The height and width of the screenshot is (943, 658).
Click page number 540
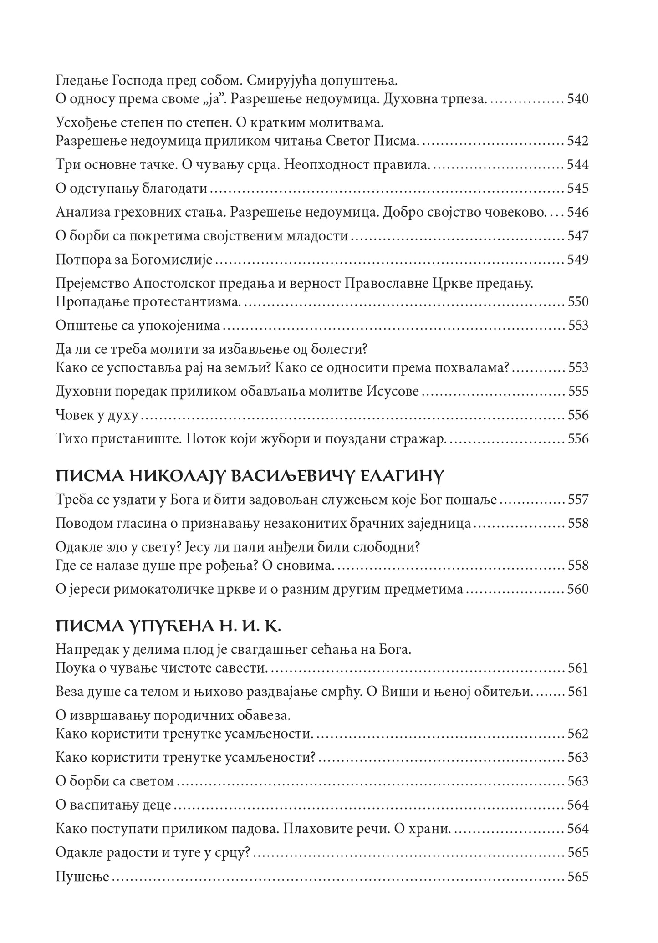coord(578,99)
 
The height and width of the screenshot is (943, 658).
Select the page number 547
coord(578,236)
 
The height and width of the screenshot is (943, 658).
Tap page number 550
coord(578,302)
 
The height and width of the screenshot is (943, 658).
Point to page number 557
coord(578,500)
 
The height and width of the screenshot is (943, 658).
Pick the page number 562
coord(578,734)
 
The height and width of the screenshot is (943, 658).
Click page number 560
coord(578,589)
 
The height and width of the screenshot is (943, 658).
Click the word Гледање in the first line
coord(80,82)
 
